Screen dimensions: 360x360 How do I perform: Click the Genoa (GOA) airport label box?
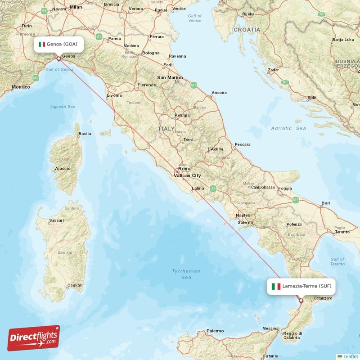[58, 44]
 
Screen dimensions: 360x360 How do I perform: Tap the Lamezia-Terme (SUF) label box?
[301, 286]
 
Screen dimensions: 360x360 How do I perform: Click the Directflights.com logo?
[34, 338]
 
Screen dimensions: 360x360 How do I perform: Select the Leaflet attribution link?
[350, 356]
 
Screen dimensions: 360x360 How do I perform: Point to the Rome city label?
[184, 169]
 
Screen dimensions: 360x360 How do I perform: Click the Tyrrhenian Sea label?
[186, 274]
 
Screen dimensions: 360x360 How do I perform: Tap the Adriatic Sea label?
[288, 129]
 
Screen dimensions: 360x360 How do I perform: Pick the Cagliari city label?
[74, 285]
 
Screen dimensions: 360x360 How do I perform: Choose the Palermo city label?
[215, 331]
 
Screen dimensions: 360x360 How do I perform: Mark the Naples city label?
[243, 216]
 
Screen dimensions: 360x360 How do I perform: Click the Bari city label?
[326, 203]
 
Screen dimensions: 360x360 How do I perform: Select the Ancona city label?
[219, 93]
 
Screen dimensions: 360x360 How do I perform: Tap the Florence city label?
[147, 85]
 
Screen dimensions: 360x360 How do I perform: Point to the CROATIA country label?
[247, 30]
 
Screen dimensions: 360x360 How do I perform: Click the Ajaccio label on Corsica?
[62, 169]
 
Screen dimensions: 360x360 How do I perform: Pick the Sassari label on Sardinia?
[56, 220]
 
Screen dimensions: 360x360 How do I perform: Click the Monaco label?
[21, 87]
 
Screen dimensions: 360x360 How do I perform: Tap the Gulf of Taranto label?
[337, 261]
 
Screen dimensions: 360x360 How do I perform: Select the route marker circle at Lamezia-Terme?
[301, 301]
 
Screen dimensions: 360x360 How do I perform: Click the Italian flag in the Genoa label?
[42, 44]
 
